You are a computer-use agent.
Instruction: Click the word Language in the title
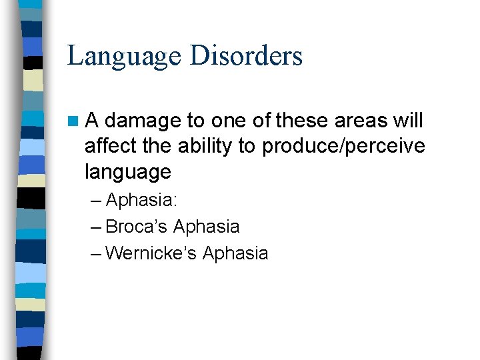(x=124, y=56)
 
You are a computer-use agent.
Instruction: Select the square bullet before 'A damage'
(x=73, y=121)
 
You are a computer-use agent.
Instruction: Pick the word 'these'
(x=305, y=121)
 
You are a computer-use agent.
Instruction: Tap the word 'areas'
(x=365, y=121)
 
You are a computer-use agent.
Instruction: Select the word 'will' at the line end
(x=408, y=121)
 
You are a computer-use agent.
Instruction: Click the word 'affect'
(x=109, y=146)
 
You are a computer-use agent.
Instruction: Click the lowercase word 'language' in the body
(x=128, y=173)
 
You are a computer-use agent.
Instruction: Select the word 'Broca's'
(x=137, y=227)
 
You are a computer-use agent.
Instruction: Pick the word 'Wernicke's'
(x=151, y=253)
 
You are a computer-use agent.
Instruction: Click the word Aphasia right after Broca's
(x=206, y=227)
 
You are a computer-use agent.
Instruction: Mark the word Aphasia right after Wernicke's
(x=235, y=254)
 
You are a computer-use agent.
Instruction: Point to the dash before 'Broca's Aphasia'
(x=95, y=227)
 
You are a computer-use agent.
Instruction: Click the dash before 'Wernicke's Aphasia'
(x=95, y=254)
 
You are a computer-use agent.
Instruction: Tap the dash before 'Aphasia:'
(x=95, y=201)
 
